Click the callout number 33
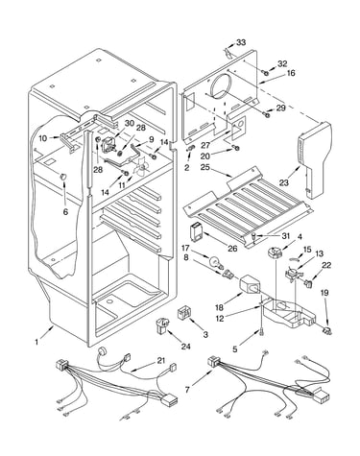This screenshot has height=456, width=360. pyautogui.click(x=241, y=42)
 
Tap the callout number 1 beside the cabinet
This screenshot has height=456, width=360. pyautogui.click(x=36, y=342)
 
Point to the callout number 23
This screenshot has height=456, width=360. pyautogui.click(x=284, y=182)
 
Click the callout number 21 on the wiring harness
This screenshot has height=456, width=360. pyautogui.click(x=161, y=361)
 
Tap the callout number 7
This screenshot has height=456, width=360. pyautogui.click(x=187, y=390)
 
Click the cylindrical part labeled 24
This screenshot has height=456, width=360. pyautogui.click(x=163, y=325)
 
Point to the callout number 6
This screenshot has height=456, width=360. pyautogui.click(x=65, y=211)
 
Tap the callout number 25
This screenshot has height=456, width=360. pyautogui.click(x=205, y=167)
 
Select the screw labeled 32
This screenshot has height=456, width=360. pyautogui.click(x=265, y=73)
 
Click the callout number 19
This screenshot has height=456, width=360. pyautogui.click(x=324, y=293)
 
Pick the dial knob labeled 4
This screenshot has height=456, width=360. pyautogui.click(x=274, y=252)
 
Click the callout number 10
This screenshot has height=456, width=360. pyautogui.click(x=43, y=138)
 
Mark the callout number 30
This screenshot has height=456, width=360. pyautogui.click(x=130, y=123)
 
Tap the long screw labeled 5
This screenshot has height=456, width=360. pyautogui.click(x=262, y=333)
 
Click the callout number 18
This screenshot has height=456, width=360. pyautogui.click(x=219, y=308)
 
